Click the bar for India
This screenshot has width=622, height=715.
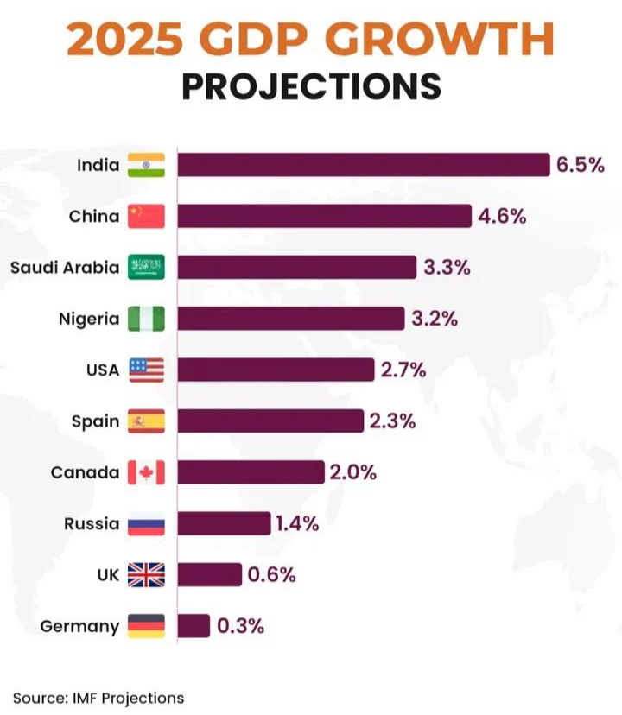(x=363, y=164)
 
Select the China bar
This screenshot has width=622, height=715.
(x=324, y=216)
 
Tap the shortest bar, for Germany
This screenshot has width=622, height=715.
(x=194, y=626)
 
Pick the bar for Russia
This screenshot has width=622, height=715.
(x=224, y=523)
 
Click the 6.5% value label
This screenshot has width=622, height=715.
(x=580, y=164)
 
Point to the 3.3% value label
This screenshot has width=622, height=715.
(x=447, y=268)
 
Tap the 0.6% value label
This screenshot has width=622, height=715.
(x=271, y=575)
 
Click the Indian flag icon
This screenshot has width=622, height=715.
(x=145, y=164)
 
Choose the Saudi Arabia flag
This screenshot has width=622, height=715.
(x=145, y=268)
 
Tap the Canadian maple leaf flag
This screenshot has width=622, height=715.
(x=145, y=472)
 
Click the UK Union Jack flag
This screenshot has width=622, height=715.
(x=145, y=575)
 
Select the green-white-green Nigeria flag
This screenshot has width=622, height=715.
(x=145, y=319)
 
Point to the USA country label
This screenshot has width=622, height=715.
(x=103, y=370)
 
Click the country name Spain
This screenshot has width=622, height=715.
(x=95, y=421)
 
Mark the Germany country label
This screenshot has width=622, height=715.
(x=79, y=626)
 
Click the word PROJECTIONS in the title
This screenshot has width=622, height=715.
(x=311, y=86)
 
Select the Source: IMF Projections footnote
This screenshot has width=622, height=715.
(x=98, y=697)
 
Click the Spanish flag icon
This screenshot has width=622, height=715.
(x=145, y=421)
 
